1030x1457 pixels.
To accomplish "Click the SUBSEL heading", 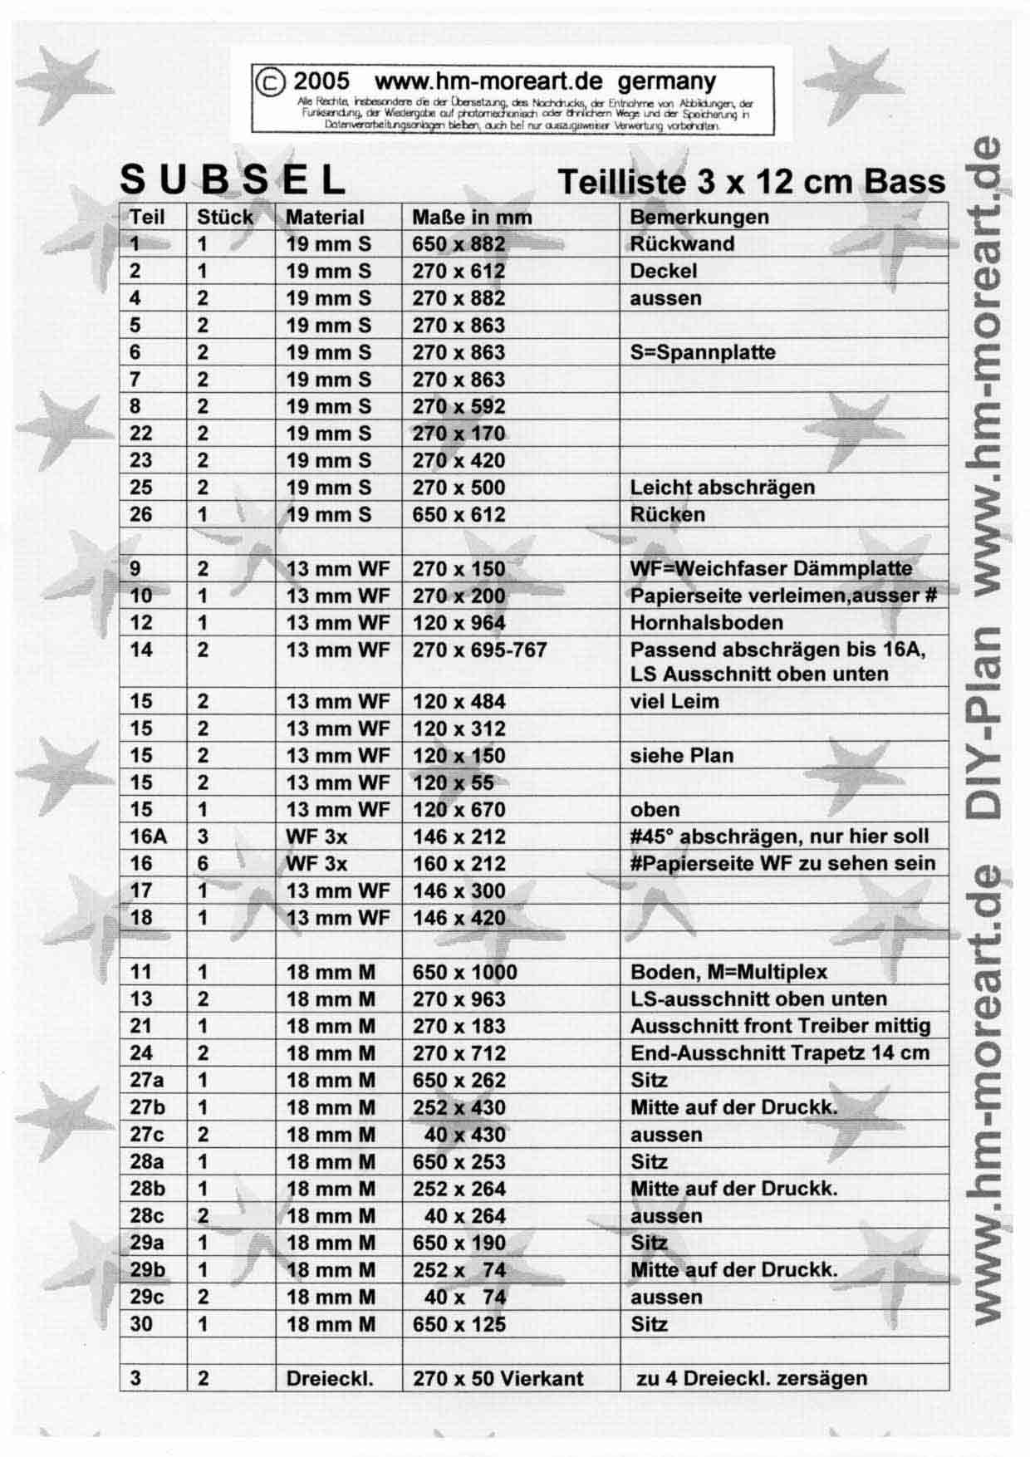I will [x=233, y=179].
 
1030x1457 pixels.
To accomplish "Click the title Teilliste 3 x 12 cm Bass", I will [x=751, y=181].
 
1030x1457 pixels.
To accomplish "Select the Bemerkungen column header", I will [x=699, y=217].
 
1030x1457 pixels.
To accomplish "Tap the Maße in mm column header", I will [x=472, y=218].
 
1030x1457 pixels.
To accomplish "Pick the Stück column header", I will [x=224, y=218].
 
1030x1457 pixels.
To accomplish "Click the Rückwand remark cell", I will [x=682, y=244].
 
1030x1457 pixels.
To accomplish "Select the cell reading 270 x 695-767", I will [x=479, y=650].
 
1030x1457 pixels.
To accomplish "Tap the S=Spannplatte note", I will [x=703, y=352].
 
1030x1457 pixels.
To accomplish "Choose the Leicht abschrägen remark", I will [x=722, y=488].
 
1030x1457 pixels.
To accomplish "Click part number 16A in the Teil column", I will [x=148, y=836].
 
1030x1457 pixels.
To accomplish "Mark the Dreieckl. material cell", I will [x=330, y=1379].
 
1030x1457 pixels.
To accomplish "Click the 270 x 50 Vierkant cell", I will [x=498, y=1379].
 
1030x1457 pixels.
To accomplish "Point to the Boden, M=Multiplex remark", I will [x=728, y=972].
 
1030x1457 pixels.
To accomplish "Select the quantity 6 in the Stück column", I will [x=203, y=864].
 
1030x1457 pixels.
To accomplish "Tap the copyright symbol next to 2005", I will [x=270, y=81].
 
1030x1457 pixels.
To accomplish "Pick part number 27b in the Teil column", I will [x=148, y=1107].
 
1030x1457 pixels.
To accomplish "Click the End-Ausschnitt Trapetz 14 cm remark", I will [x=780, y=1053].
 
